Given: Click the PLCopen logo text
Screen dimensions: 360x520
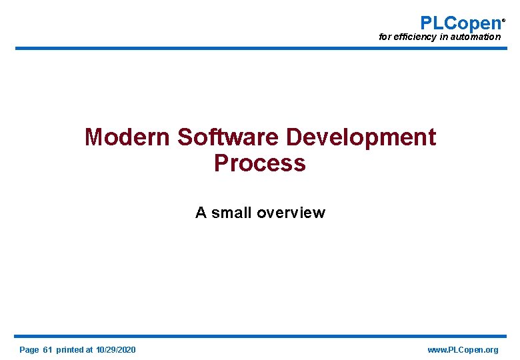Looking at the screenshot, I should click(x=460, y=23).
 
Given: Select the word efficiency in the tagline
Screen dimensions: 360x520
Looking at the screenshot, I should click(x=415, y=37).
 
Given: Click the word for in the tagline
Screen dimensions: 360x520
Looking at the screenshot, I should click(x=385, y=37).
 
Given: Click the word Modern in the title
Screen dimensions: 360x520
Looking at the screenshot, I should click(x=127, y=137).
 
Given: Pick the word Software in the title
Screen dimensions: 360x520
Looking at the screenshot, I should click(x=228, y=137).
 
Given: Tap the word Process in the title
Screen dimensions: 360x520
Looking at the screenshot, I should click(x=259, y=163).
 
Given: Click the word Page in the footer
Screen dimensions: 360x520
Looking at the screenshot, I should click(x=29, y=350).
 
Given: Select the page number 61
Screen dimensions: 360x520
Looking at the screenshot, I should click(x=47, y=350).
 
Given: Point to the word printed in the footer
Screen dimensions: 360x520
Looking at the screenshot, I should click(x=70, y=350).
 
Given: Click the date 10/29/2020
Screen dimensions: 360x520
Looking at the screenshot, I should click(x=116, y=350).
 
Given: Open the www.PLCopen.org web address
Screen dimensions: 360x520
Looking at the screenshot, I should click(x=463, y=350).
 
